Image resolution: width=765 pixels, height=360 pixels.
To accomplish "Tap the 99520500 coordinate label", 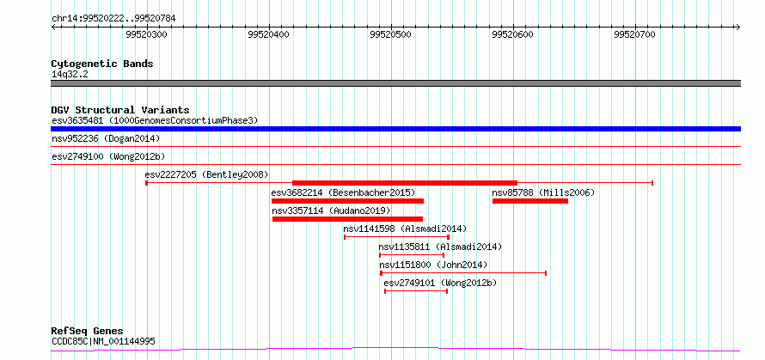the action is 391,34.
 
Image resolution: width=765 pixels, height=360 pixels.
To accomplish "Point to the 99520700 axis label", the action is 634,34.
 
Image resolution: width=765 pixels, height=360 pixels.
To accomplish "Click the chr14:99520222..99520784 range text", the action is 113,19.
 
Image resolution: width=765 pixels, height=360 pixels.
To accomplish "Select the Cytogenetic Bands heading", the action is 102,64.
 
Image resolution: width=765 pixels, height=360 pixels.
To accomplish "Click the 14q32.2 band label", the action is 70,75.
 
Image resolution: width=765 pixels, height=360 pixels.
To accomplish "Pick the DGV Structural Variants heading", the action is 120,110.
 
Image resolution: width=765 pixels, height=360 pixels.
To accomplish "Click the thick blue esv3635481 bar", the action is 395,129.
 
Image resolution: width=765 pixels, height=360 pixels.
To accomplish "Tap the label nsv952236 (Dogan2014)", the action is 106,139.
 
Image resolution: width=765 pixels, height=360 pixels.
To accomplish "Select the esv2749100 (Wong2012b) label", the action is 108,157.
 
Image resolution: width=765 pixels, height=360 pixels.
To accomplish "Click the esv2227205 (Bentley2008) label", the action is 206,174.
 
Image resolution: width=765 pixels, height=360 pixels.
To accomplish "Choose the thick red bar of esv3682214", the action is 347,201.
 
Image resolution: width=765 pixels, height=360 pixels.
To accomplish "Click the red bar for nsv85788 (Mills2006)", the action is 530,201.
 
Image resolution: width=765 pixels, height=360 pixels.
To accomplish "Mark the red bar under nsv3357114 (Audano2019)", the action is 347,219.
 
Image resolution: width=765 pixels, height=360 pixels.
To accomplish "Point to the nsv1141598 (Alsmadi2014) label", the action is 405,229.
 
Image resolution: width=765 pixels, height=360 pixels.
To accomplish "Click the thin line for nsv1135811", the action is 411,255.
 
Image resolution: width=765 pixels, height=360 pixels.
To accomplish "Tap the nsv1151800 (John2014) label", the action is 433,265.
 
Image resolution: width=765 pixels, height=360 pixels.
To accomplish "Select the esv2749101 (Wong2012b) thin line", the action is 416,291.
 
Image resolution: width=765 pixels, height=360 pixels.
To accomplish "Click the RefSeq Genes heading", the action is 88,332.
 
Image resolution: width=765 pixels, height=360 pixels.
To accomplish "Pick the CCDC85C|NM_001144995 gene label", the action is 103,341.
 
